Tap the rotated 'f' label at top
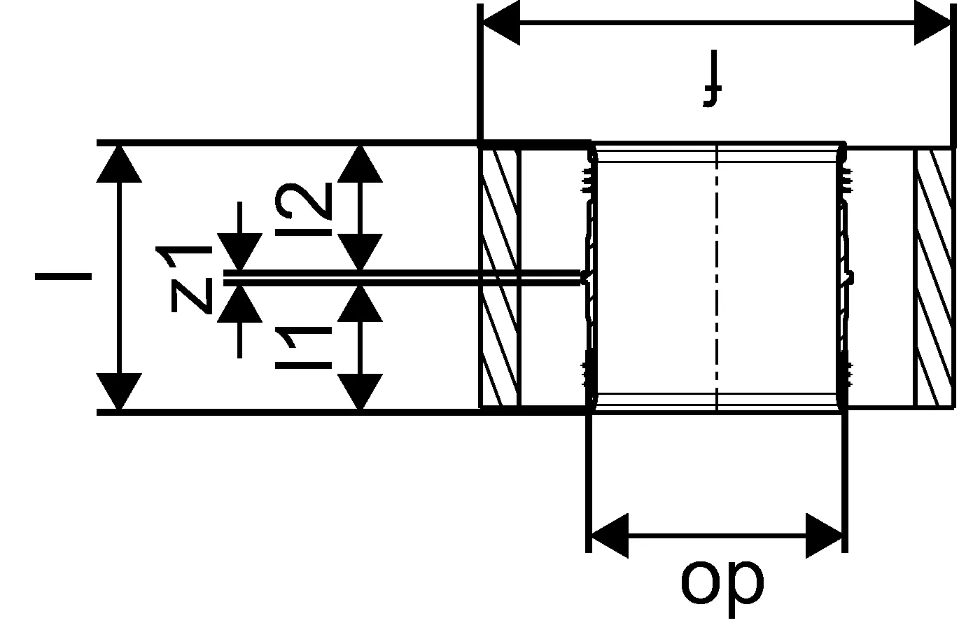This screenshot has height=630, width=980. point(713,87)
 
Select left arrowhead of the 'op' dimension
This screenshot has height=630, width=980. point(609,535)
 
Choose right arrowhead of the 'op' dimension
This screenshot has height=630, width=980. point(825,535)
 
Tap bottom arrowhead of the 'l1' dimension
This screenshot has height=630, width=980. point(360,392)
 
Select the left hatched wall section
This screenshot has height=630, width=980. point(500,276)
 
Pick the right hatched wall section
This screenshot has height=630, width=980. point(934,276)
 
